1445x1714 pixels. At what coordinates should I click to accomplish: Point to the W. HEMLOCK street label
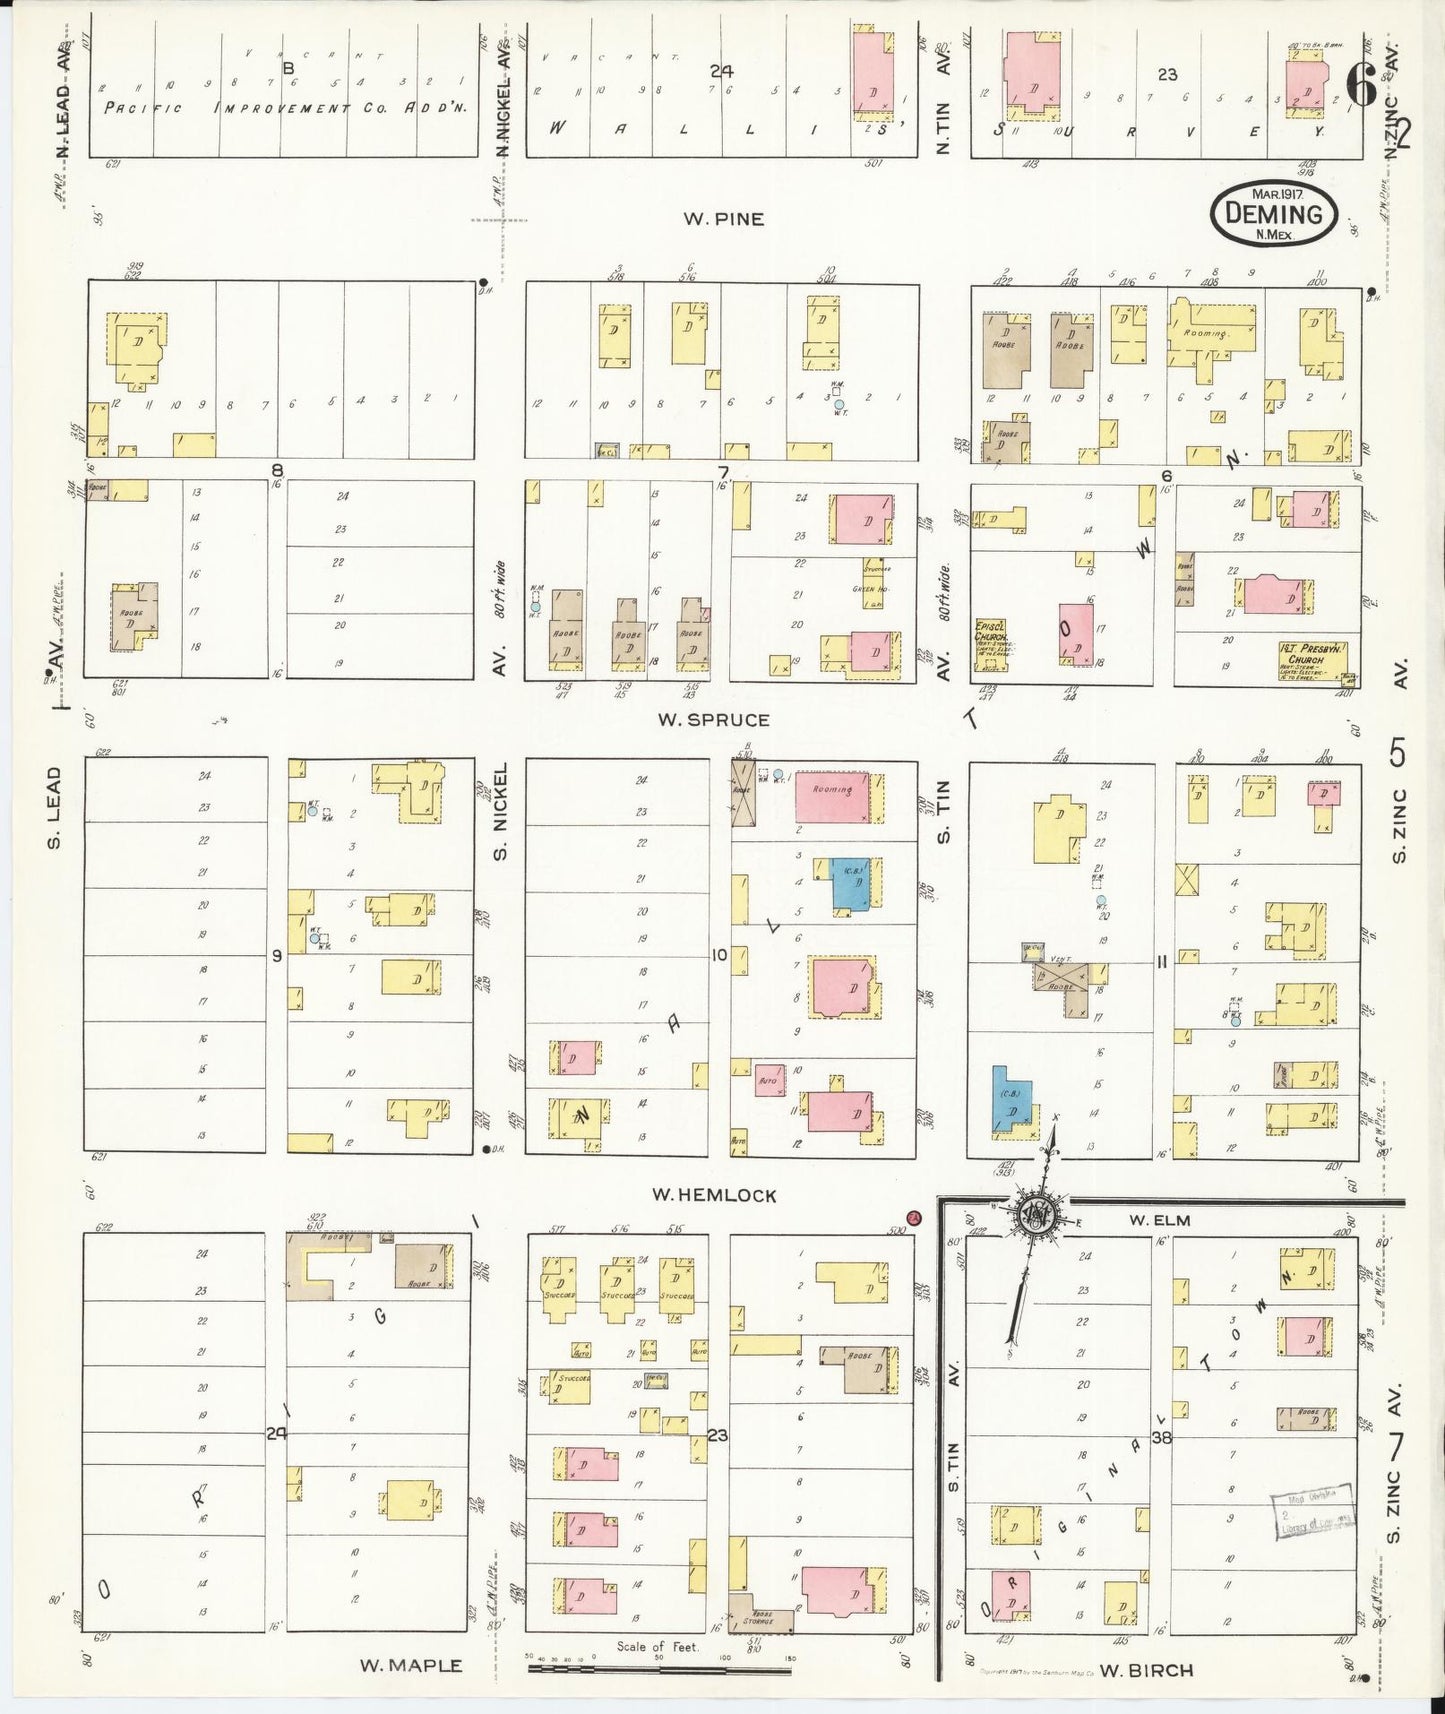pyautogui.click(x=713, y=1194)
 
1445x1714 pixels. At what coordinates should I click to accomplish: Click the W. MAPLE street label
pyautogui.click(x=411, y=1665)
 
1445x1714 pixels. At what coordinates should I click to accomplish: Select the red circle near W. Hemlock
pyautogui.click(x=913, y=1217)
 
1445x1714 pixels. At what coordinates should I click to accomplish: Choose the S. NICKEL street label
pyautogui.click(x=501, y=810)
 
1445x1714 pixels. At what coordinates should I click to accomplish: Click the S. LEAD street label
pyautogui.click(x=54, y=808)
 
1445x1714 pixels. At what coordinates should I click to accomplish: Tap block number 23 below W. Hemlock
pyautogui.click(x=717, y=1435)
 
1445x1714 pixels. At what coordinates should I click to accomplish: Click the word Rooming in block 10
pyautogui.click(x=832, y=790)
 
